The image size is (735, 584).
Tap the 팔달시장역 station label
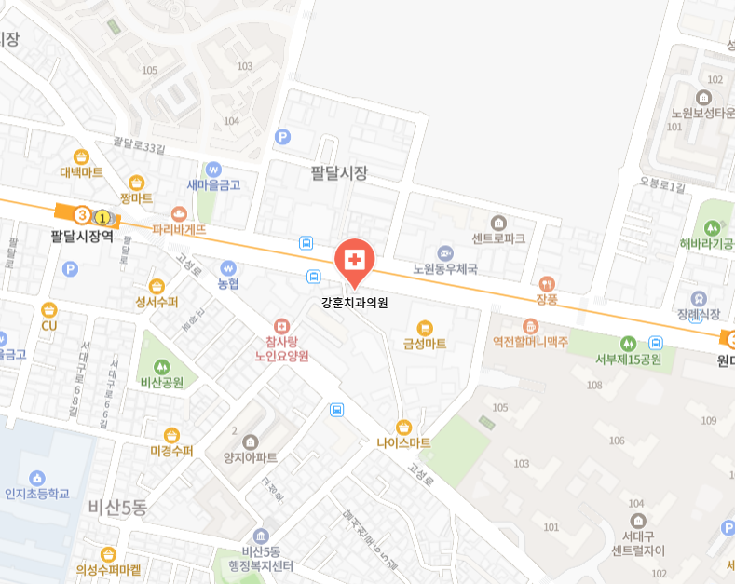click(82, 237)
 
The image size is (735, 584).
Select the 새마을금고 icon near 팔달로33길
click(214, 170)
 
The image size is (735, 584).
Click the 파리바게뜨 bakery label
click(179, 228)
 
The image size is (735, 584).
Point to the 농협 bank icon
click(228, 268)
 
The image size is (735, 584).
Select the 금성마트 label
click(425, 344)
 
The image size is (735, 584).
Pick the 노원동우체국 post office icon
click(445, 253)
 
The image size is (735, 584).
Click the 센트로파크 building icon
click(498, 223)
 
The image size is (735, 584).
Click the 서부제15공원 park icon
click(629, 344)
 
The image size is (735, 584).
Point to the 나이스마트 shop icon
click(403, 427)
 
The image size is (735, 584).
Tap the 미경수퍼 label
click(171, 451)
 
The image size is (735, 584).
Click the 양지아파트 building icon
click(251, 441)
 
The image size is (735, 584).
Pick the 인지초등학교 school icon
click(37, 478)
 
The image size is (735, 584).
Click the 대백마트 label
click(82, 172)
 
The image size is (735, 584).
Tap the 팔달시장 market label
click(340, 173)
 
